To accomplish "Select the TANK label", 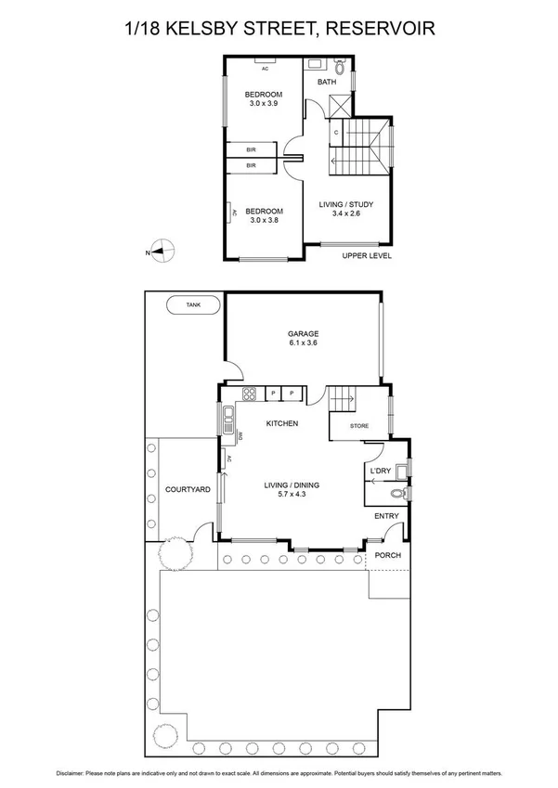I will pyautogui.click(x=192, y=304).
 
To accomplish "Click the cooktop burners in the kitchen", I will pyautogui.click(x=249, y=394).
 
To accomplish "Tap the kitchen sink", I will pyautogui.click(x=227, y=421).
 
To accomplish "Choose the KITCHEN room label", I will pyautogui.click(x=281, y=423).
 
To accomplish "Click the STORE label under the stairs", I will pyautogui.click(x=358, y=427).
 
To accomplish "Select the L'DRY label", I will pyautogui.click(x=380, y=472).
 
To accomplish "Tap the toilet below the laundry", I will pyautogui.click(x=400, y=494).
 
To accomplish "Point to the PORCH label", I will pyautogui.click(x=387, y=556).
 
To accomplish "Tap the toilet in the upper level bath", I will pyautogui.click(x=339, y=68).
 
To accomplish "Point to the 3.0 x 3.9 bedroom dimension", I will pyautogui.click(x=264, y=103).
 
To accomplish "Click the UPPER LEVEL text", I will pyautogui.click(x=367, y=255).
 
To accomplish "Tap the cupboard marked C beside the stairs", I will pyautogui.click(x=336, y=133).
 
